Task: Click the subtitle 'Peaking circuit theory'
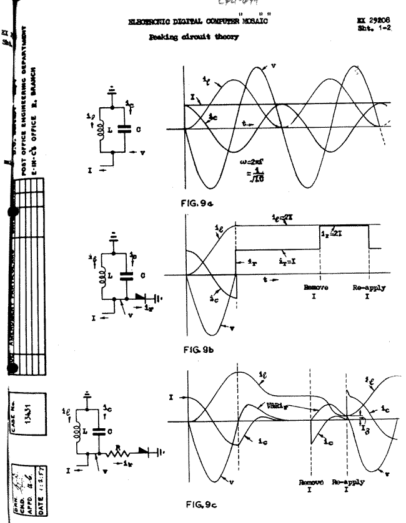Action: click(186, 37)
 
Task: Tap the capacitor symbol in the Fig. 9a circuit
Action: click(128, 132)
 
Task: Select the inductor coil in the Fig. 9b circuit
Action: click(111, 274)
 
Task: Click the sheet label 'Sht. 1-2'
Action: click(374, 30)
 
